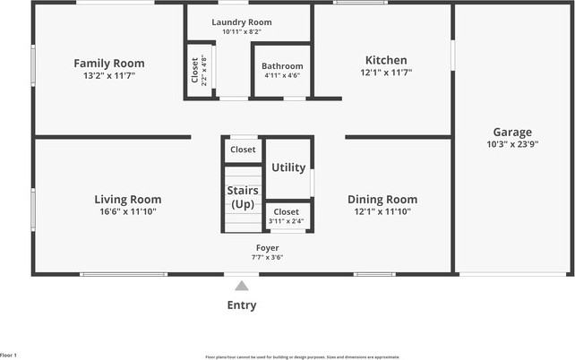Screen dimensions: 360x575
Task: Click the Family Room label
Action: click(109, 64)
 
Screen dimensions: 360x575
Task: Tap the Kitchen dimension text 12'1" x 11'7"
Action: click(386, 73)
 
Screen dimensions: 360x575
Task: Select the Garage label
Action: click(511, 132)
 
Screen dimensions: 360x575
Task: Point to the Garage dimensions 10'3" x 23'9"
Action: click(511, 143)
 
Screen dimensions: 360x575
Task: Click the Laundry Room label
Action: click(242, 22)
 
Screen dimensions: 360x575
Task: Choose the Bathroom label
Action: click(282, 66)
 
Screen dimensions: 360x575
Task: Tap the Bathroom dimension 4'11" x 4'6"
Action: click(282, 75)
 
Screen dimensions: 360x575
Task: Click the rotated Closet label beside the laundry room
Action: click(195, 71)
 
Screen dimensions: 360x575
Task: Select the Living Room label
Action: click(128, 200)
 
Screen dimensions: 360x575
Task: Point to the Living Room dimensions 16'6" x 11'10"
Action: click(128, 211)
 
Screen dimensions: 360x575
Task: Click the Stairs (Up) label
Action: click(242, 197)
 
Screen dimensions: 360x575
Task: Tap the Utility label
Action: click(288, 167)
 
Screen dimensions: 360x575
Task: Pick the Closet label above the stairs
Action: click(243, 150)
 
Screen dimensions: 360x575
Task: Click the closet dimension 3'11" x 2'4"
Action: click(287, 221)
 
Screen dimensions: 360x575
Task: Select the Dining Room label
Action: click(382, 200)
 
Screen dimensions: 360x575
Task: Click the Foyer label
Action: click(267, 248)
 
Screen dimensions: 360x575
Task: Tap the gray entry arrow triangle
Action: click(242, 287)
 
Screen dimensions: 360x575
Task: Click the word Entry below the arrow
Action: click(242, 305)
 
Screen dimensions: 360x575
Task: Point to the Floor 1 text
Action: click(9, 356)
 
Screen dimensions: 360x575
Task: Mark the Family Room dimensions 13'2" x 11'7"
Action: click(109, 75)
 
